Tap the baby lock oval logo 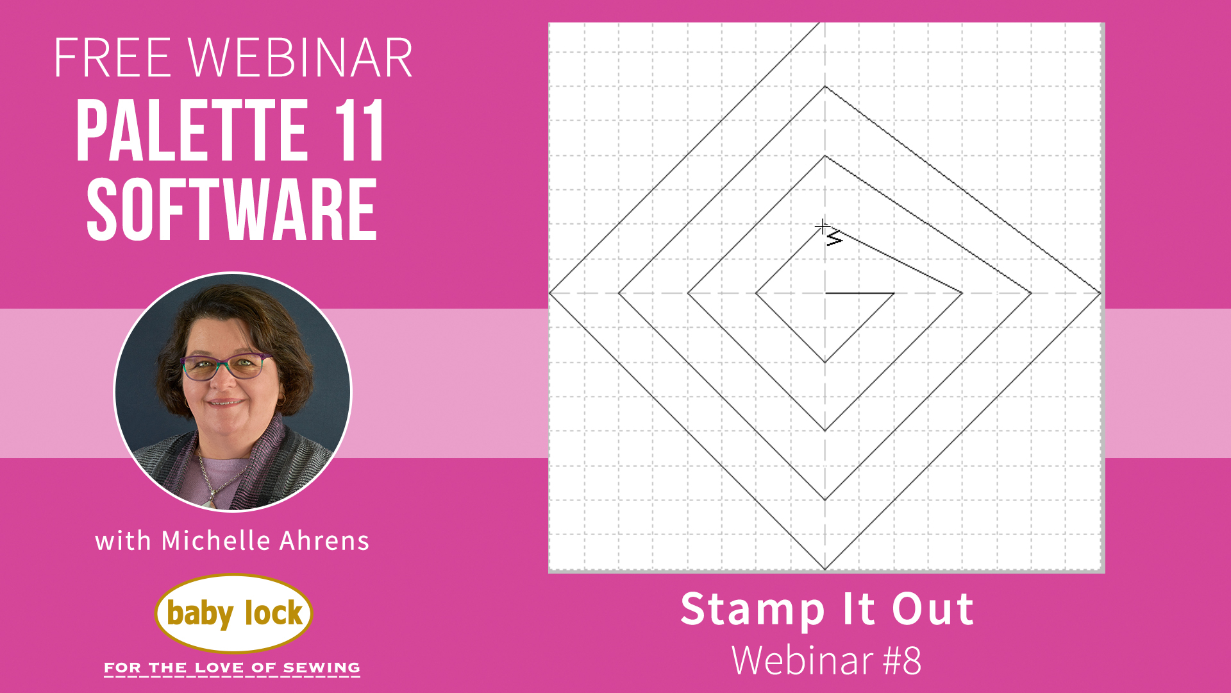click(233, 613)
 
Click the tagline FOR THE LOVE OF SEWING click(232, 668)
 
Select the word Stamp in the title click(752, 610)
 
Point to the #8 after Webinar click(902, 660)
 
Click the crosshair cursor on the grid click(822, 227)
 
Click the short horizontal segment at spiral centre click(859, 293)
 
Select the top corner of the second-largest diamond click(825, 87)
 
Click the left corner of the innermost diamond click(757, 293)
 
